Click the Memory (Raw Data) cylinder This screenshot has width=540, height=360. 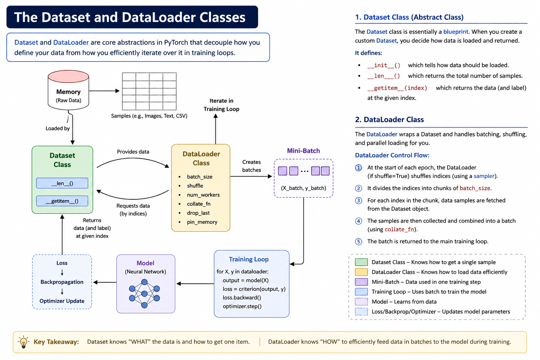68,90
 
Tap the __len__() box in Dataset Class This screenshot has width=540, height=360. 62,183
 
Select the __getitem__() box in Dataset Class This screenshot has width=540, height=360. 62,201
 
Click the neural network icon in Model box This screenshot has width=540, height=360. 144,294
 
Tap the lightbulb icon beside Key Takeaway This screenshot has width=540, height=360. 24,342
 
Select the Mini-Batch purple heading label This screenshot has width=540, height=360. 303,151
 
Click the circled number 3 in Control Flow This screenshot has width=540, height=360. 359,201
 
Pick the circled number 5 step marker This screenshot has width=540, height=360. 359,242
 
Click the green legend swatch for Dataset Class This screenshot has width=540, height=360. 361,262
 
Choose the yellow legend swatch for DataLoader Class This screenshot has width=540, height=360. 361,272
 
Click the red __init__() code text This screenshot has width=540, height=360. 384,65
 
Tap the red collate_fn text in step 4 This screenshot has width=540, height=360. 399,229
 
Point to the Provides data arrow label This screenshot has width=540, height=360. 133,152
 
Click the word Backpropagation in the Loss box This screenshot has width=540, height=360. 62,282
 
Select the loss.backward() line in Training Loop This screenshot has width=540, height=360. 242,297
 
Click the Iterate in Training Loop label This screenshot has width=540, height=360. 221,105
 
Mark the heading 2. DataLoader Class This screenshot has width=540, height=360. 389,120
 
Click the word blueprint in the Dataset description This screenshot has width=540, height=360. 456,32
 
